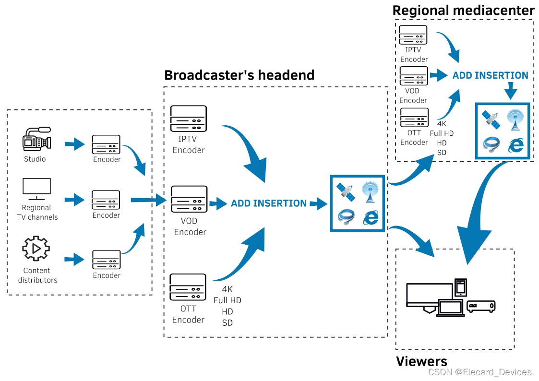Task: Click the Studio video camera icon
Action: point(36,140)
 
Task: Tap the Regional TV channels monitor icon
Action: point(36,189)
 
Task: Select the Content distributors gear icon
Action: point(36,249)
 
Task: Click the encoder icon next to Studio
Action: point(106,144)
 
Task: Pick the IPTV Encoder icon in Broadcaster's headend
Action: point(189,118)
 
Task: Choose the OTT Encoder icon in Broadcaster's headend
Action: point(188,287)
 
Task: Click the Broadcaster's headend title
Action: point(239,75)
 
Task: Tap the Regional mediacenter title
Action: point(463,10)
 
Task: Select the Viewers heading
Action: point(421,361)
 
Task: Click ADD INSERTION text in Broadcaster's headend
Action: point(269,203)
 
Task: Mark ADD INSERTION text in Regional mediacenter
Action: point(490,75)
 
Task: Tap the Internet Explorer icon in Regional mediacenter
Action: point(515,144)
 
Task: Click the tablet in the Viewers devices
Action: point(461,287)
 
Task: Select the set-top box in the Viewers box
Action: point(481,306)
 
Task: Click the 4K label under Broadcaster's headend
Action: point(228,289)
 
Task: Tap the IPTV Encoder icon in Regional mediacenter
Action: point(413,35)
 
